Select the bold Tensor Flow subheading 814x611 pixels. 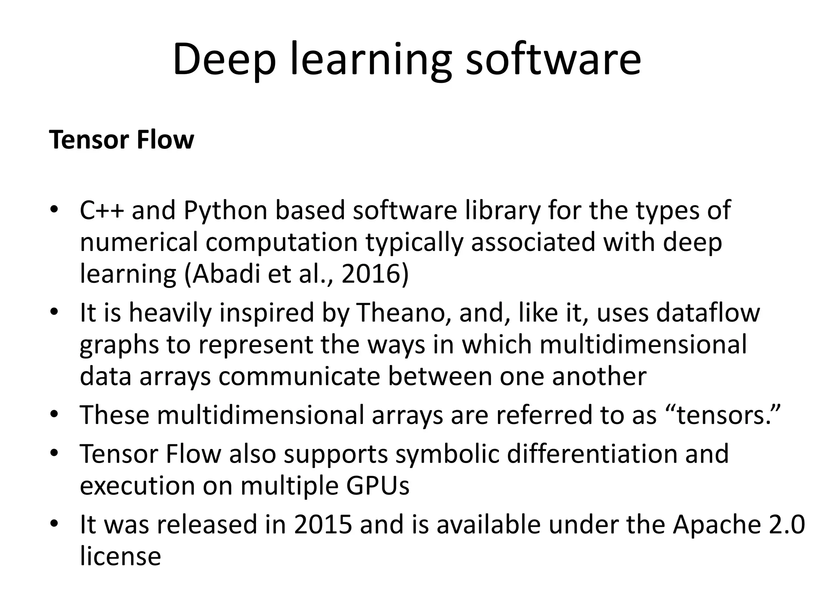click(122, 140)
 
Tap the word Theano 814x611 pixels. click(404, 313)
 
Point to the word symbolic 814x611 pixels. click(447, 454)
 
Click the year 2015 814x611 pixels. click(323, 525)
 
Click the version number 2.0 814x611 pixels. click(787, 525)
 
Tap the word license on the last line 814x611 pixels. click(120, 556)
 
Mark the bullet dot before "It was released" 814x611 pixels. click(54, 523)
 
